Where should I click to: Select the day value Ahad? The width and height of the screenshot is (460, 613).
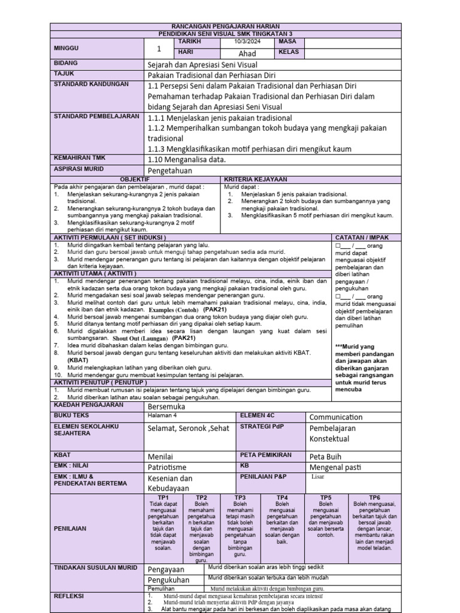tap(247, 53)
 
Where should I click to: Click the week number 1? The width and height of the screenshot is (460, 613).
tap(159, 49)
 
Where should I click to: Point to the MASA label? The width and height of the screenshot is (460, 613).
tap(288, 42)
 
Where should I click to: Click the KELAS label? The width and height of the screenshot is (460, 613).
tap(289, 52)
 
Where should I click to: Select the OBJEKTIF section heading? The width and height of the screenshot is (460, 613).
tap(136, 179)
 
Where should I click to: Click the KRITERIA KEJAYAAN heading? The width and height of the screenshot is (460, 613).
tap(255, 179)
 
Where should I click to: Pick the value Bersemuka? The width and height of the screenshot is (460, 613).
tap(167, 406)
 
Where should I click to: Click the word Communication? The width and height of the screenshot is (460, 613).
tap(335, 417)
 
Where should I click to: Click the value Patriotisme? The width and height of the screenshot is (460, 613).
tap(167, 467)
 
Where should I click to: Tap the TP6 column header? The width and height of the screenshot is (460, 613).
tap(374, 497)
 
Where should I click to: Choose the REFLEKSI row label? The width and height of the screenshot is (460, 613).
tap(69, 596)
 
